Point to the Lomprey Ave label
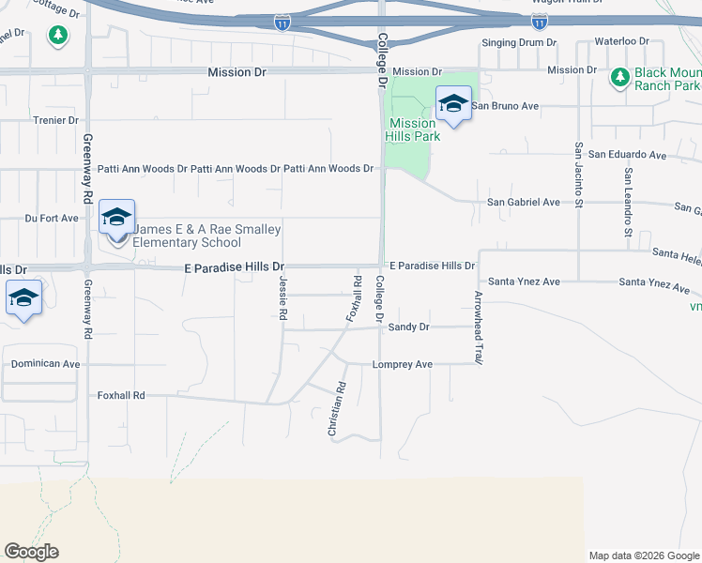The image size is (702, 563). (x=402, y=364)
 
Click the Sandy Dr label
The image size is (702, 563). (x=408, y=327)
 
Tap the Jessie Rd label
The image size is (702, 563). (x=282, y=299)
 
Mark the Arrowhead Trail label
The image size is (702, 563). (x=478, y=327)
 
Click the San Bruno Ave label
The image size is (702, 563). (x=505, y=106)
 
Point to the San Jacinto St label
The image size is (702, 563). (x=579, y=175)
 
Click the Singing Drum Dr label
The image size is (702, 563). (x=518, y=43)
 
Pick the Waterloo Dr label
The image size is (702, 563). (x=624, y=41)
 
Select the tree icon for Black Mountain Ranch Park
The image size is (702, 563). (x=619, y=78)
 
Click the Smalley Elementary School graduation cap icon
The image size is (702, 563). (x=116, y=218)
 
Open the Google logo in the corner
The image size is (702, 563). (x=31, y=552)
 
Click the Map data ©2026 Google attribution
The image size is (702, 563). (x=643, y=555)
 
